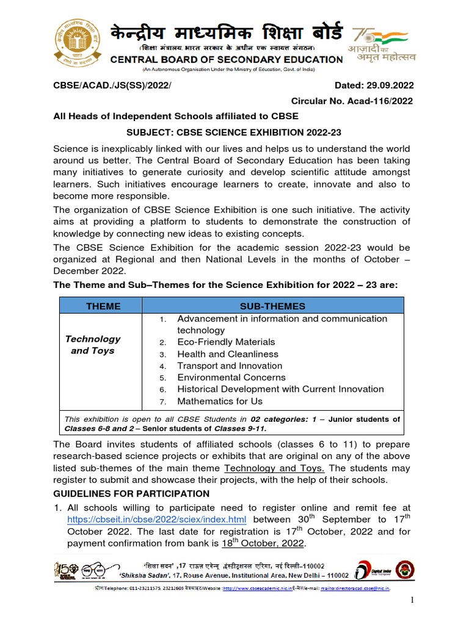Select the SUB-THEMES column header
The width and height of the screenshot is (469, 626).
click(272, 306)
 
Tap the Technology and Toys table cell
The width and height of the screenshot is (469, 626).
click(93, 345)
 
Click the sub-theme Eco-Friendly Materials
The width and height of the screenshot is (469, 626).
click(226, 342)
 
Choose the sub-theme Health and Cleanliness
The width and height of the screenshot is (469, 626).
click(227, 354)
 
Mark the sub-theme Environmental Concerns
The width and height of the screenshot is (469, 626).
click(231, 377)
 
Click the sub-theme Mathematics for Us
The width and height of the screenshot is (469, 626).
click(219, 401)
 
